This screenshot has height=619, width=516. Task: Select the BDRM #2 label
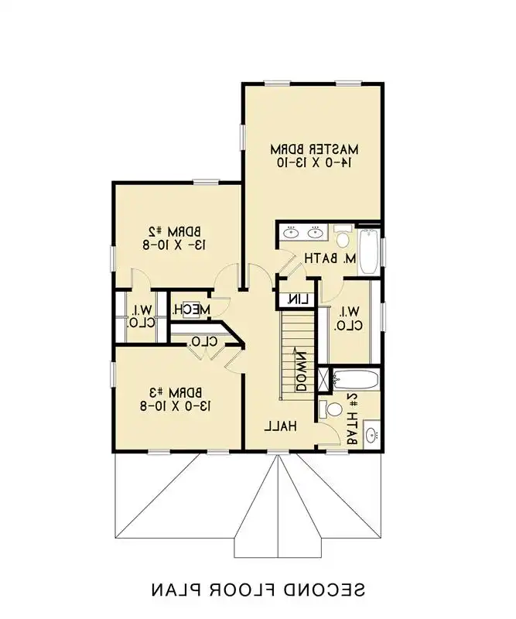(177, 231)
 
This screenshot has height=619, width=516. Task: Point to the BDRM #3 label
(176, 392)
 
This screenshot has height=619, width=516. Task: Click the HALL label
(281, 426)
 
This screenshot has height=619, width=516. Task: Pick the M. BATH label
(329, 258)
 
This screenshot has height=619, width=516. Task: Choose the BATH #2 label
(353, 418)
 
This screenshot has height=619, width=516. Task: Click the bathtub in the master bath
(369, 250)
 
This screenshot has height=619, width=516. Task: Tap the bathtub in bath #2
(355, 380)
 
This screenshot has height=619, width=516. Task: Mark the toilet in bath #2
(333, 409)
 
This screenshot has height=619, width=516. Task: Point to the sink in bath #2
(371, 435)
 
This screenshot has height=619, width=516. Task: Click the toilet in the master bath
(343, 231)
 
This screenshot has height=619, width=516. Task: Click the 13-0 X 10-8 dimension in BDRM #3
(176, 405)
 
